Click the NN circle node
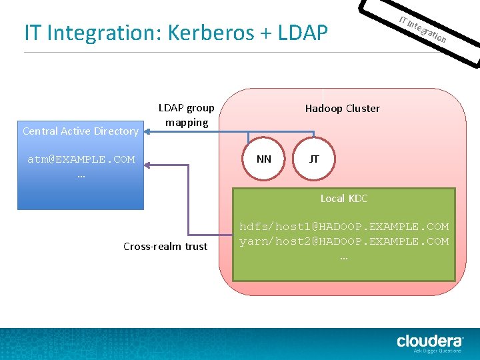(264, 159)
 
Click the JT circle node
(314, 159)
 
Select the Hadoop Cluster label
(342, 108)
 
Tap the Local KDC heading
(343, 198)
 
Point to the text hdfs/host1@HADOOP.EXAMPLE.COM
(344, 227)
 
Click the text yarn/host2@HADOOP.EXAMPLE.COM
(344, 241)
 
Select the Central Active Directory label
(80, 131)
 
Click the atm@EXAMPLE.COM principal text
(81, 159)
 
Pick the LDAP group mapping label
(187, 115)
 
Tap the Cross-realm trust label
(165, 246)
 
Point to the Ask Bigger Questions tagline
(437, 351)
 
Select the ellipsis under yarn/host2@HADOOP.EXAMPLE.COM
(344, 255)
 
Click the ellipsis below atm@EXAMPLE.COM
(81, 175)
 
